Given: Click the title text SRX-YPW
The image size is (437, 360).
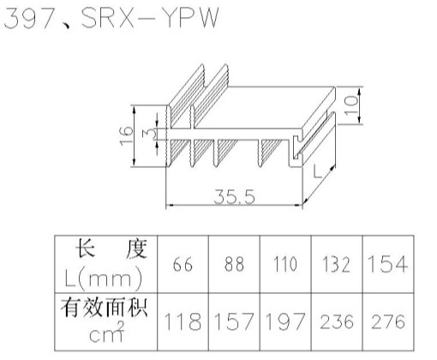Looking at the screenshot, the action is click(x=150, y=18).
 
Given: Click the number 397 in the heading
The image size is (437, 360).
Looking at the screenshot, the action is click(x=29, y=18).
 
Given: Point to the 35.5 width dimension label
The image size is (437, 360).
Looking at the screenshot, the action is click(x=234, y=197).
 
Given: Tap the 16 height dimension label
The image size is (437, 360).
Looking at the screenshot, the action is click(x=126, y=135).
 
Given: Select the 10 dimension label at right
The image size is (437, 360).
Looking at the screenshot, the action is click(x=351, y=105).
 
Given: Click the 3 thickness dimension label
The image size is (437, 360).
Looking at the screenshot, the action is click(x=150, y=133).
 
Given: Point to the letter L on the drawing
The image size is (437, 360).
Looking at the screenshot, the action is click(x=317, y=171).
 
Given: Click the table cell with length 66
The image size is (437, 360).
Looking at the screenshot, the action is click(x=183, y=264).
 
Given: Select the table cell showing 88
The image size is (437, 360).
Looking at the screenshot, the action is click(x=234, y=264).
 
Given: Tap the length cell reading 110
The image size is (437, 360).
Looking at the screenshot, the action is click(x=285, y=264).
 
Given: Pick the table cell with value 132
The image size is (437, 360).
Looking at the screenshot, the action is click(x=337, y=264).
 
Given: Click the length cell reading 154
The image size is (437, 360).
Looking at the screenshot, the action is click(x=388, y=264).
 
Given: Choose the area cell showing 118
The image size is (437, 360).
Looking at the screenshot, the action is click(x=183, y=321).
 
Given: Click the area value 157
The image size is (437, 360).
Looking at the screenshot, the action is click(x=234, y=321).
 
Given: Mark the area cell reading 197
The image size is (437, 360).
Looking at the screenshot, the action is click(x=285, y=321).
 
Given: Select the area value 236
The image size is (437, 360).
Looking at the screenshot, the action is click(x=337, y=321).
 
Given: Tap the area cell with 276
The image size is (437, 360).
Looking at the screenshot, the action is click(x=388, y=321).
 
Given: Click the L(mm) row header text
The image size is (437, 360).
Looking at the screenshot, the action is click(x=104, y=278).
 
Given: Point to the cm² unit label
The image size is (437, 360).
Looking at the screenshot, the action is click(x=107, y=333).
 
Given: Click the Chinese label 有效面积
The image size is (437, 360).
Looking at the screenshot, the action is click(x=104, y=308).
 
